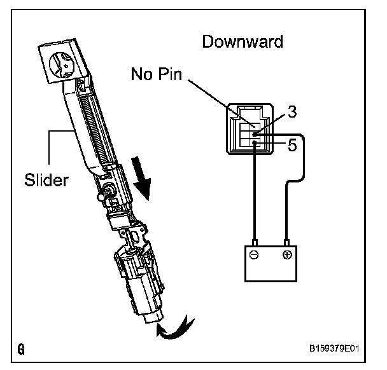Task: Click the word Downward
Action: (x=242, y=42)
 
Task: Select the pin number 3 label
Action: (x=292, y=112)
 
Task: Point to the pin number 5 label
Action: (x=292, y=145)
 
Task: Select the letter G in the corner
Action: (x=22, y=349)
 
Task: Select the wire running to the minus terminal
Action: (x=255, y=197)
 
